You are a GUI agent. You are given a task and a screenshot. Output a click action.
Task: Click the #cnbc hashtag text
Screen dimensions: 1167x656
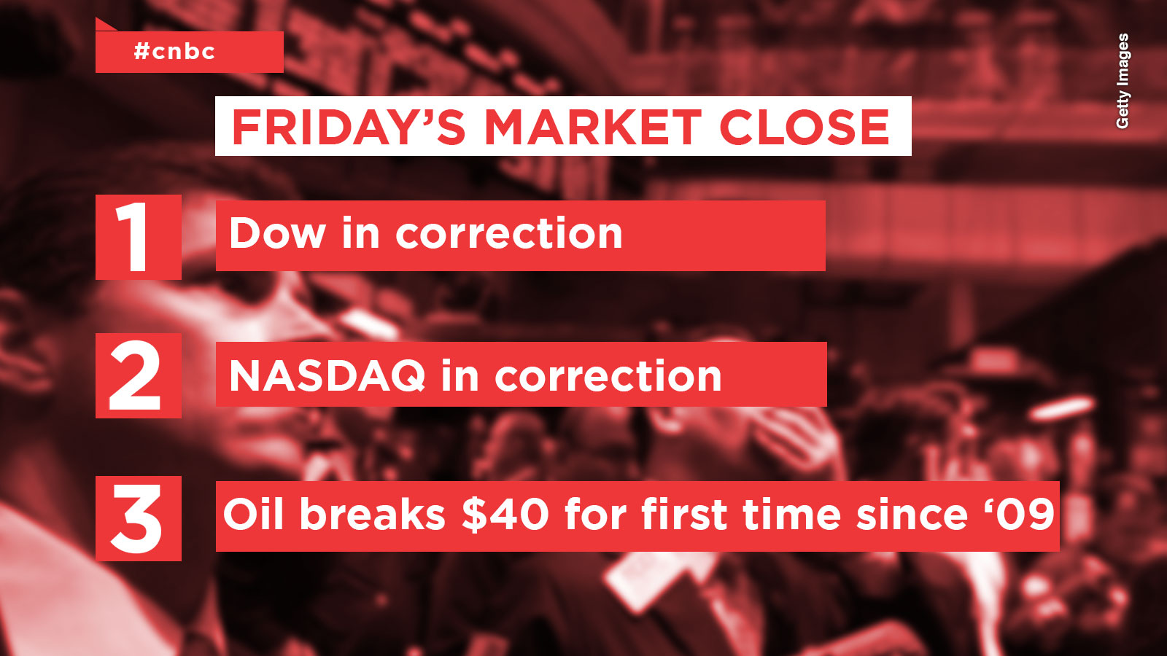point(174,52)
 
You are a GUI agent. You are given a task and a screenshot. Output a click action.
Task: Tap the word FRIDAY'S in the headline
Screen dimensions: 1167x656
point(349,127)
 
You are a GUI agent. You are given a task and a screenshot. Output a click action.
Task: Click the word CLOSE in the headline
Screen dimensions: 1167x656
point(805,128)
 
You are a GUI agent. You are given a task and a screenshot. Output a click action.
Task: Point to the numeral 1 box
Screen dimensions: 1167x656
point(139,238)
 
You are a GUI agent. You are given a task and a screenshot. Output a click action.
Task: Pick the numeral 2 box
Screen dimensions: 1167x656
point(139,376)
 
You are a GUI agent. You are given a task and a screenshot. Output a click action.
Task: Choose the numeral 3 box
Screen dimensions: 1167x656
point(139,518)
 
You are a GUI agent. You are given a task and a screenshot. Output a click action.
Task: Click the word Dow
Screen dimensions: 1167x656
point(278,233)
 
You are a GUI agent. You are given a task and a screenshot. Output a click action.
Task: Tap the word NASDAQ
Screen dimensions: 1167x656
point(327,376)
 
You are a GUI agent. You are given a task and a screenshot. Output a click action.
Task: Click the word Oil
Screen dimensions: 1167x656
point(254,513)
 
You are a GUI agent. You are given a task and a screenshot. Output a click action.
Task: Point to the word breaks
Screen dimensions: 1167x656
point(373,513)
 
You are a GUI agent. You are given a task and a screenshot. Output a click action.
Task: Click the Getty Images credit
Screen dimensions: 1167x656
point(1123,81)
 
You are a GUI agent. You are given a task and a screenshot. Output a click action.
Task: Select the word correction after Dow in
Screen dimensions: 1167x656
point(509,234)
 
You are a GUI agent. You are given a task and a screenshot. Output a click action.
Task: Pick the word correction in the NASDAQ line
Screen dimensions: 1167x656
point(608,376)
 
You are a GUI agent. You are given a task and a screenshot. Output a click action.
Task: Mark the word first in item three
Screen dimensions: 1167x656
point(685,513)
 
